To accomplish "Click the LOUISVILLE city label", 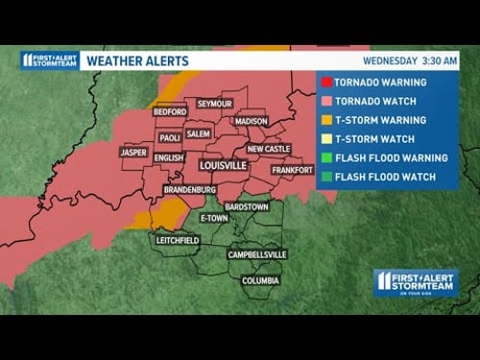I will click(x=224, y=166).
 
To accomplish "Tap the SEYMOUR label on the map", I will click(x=215, y=103).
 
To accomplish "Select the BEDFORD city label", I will click(x=170, y=112).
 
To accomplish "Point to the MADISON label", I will click(x=251, y=122).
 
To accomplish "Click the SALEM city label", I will click(x=199, y=133).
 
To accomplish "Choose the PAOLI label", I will click(x=170, y=137).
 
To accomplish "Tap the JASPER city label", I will click(x=132, y=152).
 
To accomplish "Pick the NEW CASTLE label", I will click(x=268, y=149).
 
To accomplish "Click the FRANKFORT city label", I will click(x=292, y=170).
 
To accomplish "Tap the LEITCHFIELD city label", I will click(x=177, y=239).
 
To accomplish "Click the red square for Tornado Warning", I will click(x=326, y=82).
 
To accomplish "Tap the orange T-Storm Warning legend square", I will click(x=326, y=120).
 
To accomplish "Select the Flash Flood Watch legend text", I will click(x=386, y=177).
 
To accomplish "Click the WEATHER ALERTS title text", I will click(x=137, y=60).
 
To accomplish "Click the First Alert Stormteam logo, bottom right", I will click(x=415, y=282).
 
